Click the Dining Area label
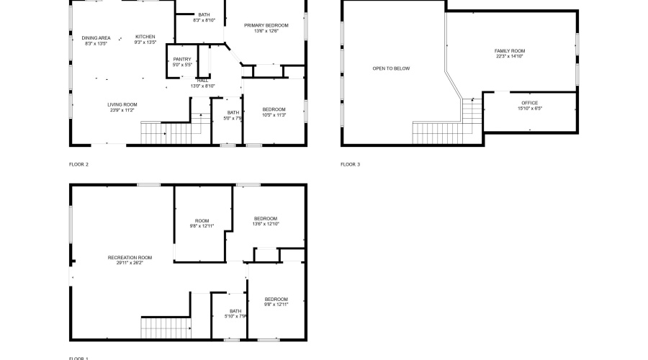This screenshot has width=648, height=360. (x=96, y=37)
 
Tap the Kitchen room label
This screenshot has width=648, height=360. (x=145, y=37)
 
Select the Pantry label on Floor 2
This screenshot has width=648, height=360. (x=182, y=59)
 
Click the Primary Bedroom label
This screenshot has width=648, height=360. (x=261, y=25)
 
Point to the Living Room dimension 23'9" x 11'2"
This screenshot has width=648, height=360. (x=122, y=111)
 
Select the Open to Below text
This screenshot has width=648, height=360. (x=391, y=68)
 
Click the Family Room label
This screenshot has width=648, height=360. (x=509, y=51)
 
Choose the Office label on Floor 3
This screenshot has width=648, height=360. (x=529, y=103)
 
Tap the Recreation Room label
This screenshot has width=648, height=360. (x=130, y=257)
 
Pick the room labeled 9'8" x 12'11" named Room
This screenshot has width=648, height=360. (x=202, y=221)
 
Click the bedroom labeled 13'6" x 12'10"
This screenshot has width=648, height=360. (x=265, y=218)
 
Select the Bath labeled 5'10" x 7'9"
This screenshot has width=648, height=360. (x=235, y=312)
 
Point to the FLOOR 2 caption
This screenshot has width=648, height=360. (x=78, y=164)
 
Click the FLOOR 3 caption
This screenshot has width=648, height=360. (x=350, y=164)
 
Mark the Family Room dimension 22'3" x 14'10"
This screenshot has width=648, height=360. (x=509, y=57)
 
